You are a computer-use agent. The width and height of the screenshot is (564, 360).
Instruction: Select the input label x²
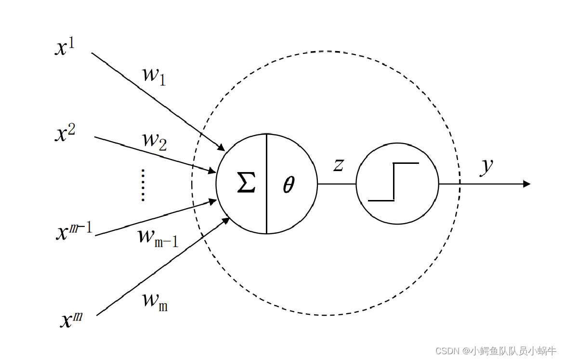pos(65,133)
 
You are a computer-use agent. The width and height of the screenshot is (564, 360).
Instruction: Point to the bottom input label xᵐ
pos(72,319)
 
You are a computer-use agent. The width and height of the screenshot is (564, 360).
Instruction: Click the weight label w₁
pos(154,75)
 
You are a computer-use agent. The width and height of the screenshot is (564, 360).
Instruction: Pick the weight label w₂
pos(154,140)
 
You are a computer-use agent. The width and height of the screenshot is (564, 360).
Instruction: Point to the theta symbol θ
pos(289,185)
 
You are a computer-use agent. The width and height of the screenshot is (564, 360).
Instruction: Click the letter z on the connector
pos(339,165)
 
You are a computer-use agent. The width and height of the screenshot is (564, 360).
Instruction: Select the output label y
pos(487,166)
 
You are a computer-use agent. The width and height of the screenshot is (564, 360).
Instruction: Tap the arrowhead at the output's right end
pos(526,184)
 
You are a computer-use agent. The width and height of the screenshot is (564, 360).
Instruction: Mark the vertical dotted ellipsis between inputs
pos(143,185)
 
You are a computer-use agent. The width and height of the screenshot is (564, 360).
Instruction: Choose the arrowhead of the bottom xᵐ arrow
pos(225,221)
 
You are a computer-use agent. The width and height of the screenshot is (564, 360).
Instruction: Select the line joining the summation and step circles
pos(337,184)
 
